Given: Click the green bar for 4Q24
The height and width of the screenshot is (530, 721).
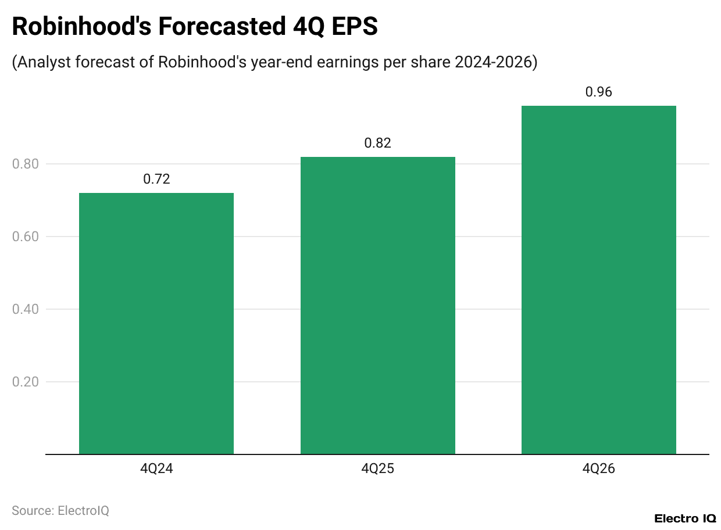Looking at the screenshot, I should [156, 323].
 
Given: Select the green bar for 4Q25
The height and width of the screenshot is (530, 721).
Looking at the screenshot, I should [377, 305].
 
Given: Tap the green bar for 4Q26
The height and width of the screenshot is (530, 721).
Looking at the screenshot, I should [598, 280].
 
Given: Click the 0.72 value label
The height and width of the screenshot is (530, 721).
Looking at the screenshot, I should [156, 179].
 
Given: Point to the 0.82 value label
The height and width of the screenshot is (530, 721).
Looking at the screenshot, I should [377, 143].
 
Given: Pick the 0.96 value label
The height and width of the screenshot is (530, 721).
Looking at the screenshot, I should [598, 92].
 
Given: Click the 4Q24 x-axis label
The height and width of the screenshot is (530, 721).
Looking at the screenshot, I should [156, 469].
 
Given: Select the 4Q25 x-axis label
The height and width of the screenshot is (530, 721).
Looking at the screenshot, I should [377, 469].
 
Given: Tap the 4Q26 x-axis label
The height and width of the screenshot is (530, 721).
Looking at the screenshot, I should [598, 469].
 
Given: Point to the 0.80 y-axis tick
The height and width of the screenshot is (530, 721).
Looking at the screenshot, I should [25, 164].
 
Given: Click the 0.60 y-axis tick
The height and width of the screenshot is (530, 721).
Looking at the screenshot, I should [25, 237].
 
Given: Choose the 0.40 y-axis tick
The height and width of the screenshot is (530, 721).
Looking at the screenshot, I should [25, 309].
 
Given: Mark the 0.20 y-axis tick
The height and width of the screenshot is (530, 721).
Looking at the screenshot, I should [25, 382].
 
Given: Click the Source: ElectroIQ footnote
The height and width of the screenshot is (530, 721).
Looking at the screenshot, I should [60, 510].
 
